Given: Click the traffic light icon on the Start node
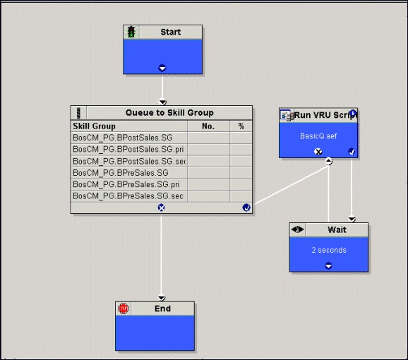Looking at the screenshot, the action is click(131, 32).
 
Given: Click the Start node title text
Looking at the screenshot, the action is click(170, 32).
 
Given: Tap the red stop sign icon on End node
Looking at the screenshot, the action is click(123, 308).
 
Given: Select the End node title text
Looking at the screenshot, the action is click(162, 308).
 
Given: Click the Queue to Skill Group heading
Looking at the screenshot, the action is click(169, 113).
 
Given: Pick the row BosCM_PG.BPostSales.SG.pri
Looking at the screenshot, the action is click(128, 150).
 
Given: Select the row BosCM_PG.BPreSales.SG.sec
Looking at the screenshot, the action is click(128, 196).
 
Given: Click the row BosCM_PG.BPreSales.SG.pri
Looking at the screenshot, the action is click(126, 184).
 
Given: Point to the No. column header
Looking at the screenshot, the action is click(208, 126).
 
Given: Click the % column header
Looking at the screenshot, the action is click(241, 126).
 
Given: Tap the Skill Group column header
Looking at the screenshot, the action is click(94, 126).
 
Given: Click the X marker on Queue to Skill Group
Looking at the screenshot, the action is click(162, 208).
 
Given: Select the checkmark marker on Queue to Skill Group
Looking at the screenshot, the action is click(246, 208).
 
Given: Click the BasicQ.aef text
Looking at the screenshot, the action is click(318, 136).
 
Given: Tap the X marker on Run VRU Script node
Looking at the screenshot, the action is click(318, 151).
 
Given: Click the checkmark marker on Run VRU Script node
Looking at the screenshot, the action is click(352, 151).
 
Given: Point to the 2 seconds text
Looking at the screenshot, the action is click(329, 250).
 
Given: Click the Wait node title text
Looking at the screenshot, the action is click(337, 229).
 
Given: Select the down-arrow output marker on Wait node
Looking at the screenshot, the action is click(329, 265).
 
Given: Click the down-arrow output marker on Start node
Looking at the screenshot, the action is click(162, 68).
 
